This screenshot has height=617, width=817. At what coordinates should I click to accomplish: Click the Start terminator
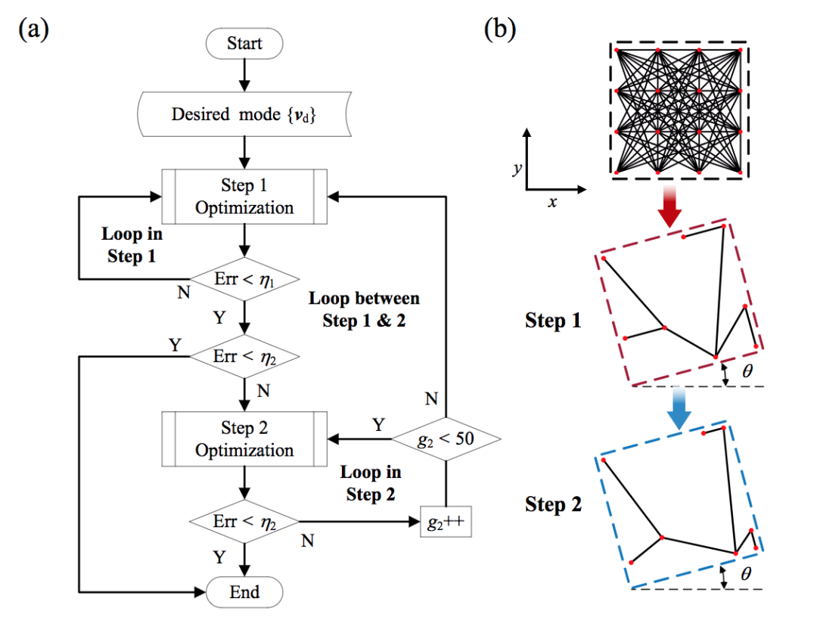point(244,43)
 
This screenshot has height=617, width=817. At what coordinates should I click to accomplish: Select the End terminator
point(244,592)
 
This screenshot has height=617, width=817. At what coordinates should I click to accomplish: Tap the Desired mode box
point(244,114)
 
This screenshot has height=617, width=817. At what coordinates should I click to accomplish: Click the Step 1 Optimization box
point(244,197)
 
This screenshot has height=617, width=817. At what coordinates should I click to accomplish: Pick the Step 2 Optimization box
point(244,439)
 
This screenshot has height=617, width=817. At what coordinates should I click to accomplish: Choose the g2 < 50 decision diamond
point(446,439)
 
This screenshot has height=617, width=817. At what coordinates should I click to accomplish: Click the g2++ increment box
point(446,522)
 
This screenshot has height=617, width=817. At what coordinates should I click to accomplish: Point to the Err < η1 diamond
point(244,279)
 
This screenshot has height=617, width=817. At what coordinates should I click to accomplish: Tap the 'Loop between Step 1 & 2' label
point(364,309)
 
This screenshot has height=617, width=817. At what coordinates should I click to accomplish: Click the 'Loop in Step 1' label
point(132,245)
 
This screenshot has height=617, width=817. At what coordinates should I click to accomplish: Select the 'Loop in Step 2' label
point(371,483)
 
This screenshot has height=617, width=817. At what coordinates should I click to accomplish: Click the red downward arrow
point(669,206)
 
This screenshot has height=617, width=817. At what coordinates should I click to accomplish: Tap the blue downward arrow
point(679,408)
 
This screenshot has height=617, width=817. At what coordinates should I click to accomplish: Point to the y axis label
point(517,168)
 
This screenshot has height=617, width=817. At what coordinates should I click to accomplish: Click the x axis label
point(552,202)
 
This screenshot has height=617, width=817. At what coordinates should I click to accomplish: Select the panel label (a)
point(34,29)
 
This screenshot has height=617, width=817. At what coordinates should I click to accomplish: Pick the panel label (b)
point(500,29)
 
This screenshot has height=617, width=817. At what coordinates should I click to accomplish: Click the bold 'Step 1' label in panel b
point(553,320)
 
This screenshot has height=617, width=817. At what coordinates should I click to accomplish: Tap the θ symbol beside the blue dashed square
point(746,573)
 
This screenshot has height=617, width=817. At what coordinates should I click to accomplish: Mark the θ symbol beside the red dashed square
point(747,371)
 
